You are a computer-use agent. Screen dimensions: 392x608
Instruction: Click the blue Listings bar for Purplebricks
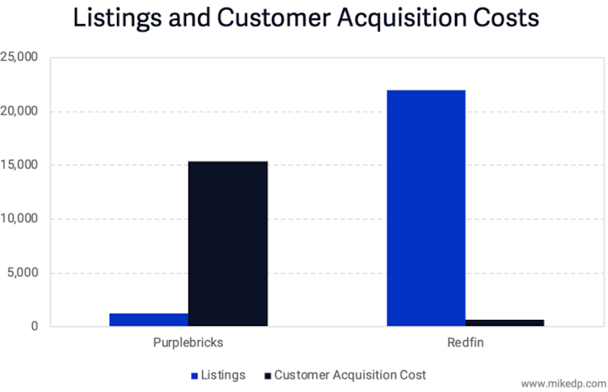click(x=149, y=319)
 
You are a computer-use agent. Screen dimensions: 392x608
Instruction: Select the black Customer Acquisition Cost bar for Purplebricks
click(x=227, y=243)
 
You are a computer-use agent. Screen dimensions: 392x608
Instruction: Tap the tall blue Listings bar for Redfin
click(x=426, y=208)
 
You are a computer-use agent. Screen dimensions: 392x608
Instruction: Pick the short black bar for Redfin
click(x=504, y=322)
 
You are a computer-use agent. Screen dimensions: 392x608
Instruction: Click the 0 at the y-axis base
click(x=35, y=327)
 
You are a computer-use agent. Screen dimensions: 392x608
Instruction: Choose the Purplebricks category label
click(x=188, y=342)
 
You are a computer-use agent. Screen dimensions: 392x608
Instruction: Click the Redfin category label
click(x=465, y=342)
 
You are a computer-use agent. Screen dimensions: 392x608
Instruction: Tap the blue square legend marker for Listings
click(x=194, y=375)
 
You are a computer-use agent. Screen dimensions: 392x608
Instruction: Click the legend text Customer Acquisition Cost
click(x=350, y=374)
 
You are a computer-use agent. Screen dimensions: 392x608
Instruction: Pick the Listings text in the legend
click(x=224, y=374)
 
